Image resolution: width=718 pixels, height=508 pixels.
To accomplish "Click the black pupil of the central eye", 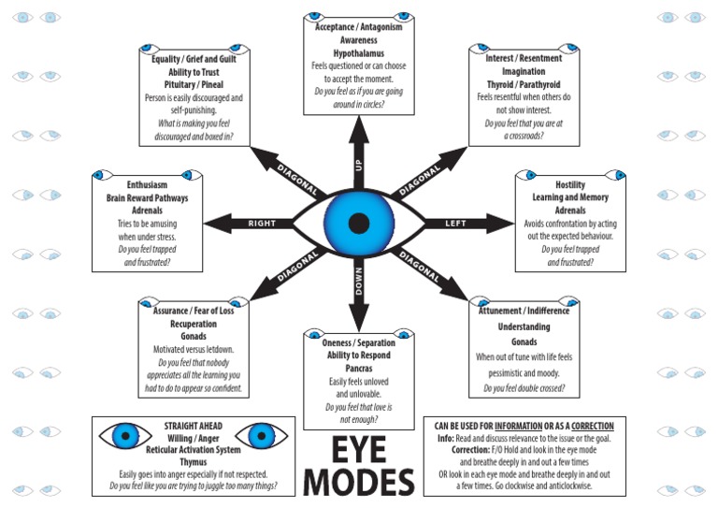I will tap(358, 223).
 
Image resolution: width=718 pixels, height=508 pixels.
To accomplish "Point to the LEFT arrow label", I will tap(456, 223).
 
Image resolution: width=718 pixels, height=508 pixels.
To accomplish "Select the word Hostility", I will tap(569, 185).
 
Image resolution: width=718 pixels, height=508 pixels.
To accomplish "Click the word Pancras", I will tap(358, 368).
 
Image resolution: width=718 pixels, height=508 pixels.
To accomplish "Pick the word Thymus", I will tap(193, 461).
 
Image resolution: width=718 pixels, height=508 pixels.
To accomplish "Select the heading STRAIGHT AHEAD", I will tap(193, 423).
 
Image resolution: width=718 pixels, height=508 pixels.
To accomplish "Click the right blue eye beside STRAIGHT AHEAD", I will tap(261, 436).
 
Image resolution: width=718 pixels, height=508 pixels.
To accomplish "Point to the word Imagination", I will tap(523, 71).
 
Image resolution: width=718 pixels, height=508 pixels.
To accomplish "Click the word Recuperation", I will tap(193, 323).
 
